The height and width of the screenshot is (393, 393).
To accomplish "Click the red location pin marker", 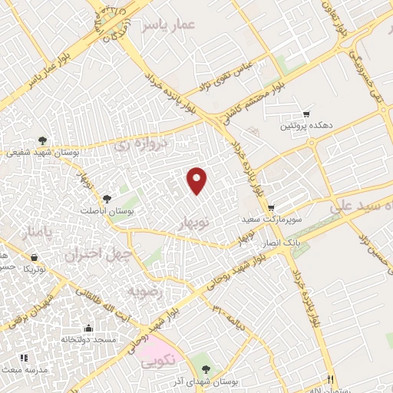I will point(197,181).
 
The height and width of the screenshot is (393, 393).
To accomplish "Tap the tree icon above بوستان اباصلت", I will point(107,199).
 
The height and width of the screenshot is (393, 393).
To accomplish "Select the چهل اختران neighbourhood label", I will point(99,253).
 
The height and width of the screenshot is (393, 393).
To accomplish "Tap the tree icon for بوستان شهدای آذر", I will point(204,360).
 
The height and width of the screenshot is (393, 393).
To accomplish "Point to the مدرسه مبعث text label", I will point(48,369).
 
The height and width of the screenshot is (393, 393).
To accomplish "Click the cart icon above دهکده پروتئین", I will point(307,114).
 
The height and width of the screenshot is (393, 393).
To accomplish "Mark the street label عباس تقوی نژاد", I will point(230,68).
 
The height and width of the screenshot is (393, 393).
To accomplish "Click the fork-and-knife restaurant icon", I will point(331,378).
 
